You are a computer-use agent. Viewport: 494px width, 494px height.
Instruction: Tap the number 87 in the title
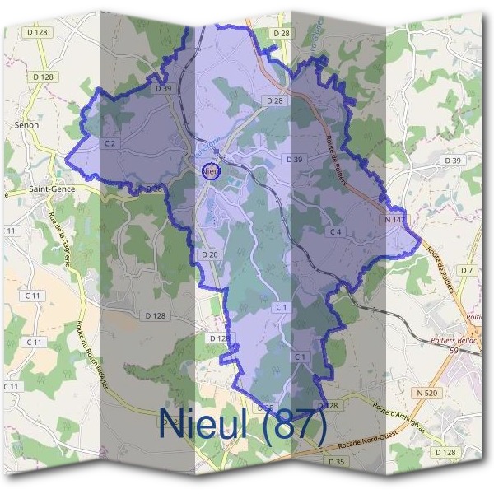click(x=293, y=425)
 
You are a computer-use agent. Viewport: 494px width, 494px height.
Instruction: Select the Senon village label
click(x=26, y=125)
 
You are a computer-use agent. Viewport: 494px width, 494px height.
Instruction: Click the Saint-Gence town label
click(x=51, y=189)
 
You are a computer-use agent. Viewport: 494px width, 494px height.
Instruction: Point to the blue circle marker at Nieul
click(x=212, y=171)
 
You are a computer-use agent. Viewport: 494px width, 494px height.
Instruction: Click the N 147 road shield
click(x=394, y=220)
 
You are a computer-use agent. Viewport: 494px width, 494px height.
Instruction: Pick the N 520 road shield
click(x=426, y=394)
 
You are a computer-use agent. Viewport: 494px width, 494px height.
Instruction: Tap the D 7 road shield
click(x=468, y=270)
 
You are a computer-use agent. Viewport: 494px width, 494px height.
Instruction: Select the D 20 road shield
click(x=209, y=255)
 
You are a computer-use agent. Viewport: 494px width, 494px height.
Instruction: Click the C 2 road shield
click(x=110, y=142)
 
